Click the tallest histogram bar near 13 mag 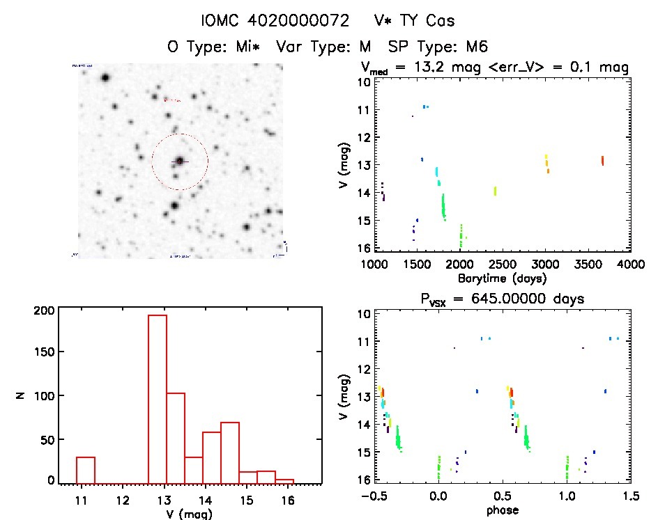(x=158, y=397)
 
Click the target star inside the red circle (x=180, y=161)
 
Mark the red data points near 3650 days (x=602, y=161)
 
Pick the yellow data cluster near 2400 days (x=495, y=191)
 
